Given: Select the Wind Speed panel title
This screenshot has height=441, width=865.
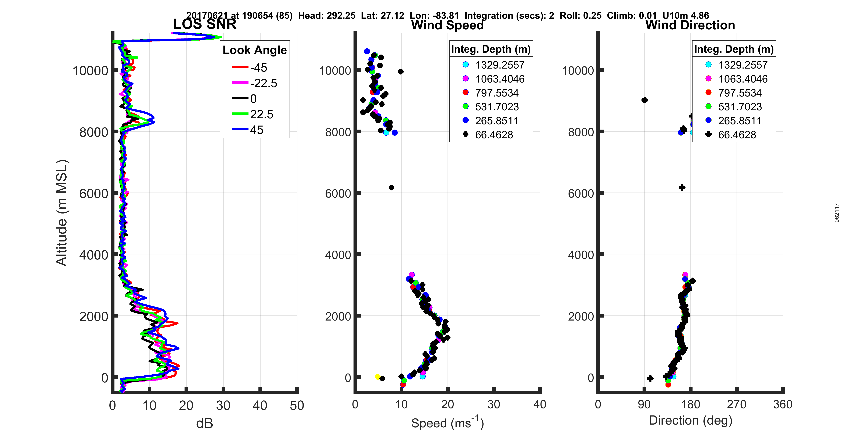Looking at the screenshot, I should pyautogui.click(x=447, y=25).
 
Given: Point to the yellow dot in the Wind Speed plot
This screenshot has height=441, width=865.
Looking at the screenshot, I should pyautogui.click(x=377, y=377).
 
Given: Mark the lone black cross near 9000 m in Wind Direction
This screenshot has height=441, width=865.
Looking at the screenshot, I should pyautogui.click(x=644, y=100).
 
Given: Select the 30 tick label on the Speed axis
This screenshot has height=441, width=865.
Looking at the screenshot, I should pyautogui.click(x=494, y=404).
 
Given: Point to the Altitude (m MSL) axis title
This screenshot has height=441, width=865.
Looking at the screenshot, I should pyautogui.click(x=62, y=213).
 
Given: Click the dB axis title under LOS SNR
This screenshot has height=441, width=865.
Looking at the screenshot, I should pyautogui.click(x=204, y=424).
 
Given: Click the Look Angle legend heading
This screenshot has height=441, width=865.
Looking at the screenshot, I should pyautogui.click(x=255, y=50).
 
